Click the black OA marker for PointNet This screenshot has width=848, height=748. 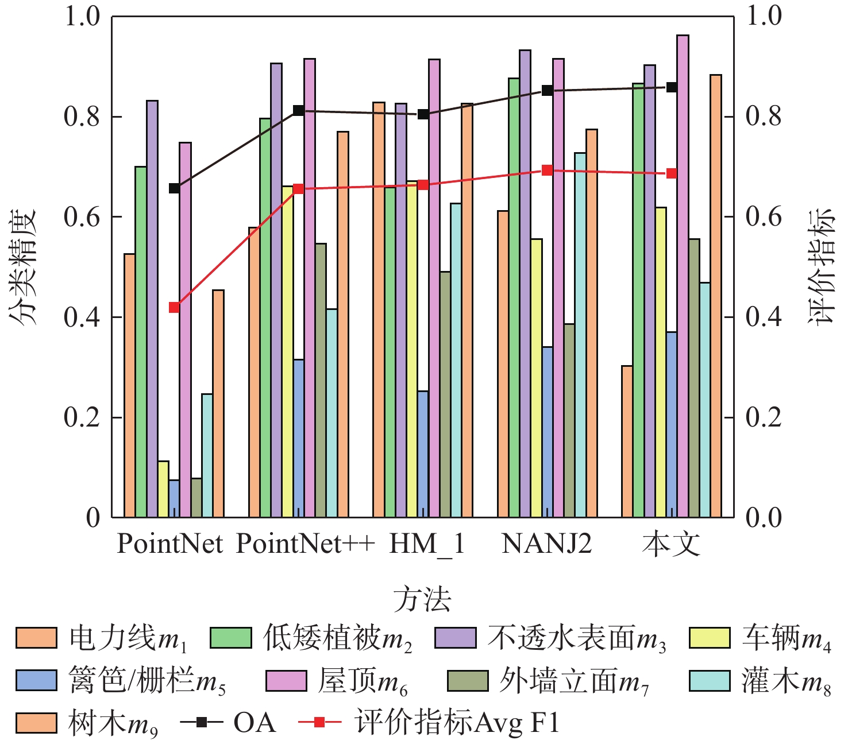(174, 188)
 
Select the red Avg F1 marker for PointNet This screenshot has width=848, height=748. (174, 307)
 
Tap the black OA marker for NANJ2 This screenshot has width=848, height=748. (547, 90)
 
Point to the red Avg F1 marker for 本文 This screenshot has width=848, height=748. (672, 173)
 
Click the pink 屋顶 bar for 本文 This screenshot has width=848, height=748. (683, 276)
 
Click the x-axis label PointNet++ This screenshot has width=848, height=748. (305, 543)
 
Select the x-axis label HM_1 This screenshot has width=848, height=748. (427, 543)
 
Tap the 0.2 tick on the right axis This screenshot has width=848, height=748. (764, 417)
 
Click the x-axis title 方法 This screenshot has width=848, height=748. (422, 599)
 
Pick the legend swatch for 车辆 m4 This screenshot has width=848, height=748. (710, 638)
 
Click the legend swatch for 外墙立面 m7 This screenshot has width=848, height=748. (467, 681)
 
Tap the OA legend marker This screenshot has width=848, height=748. (202, 722)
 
